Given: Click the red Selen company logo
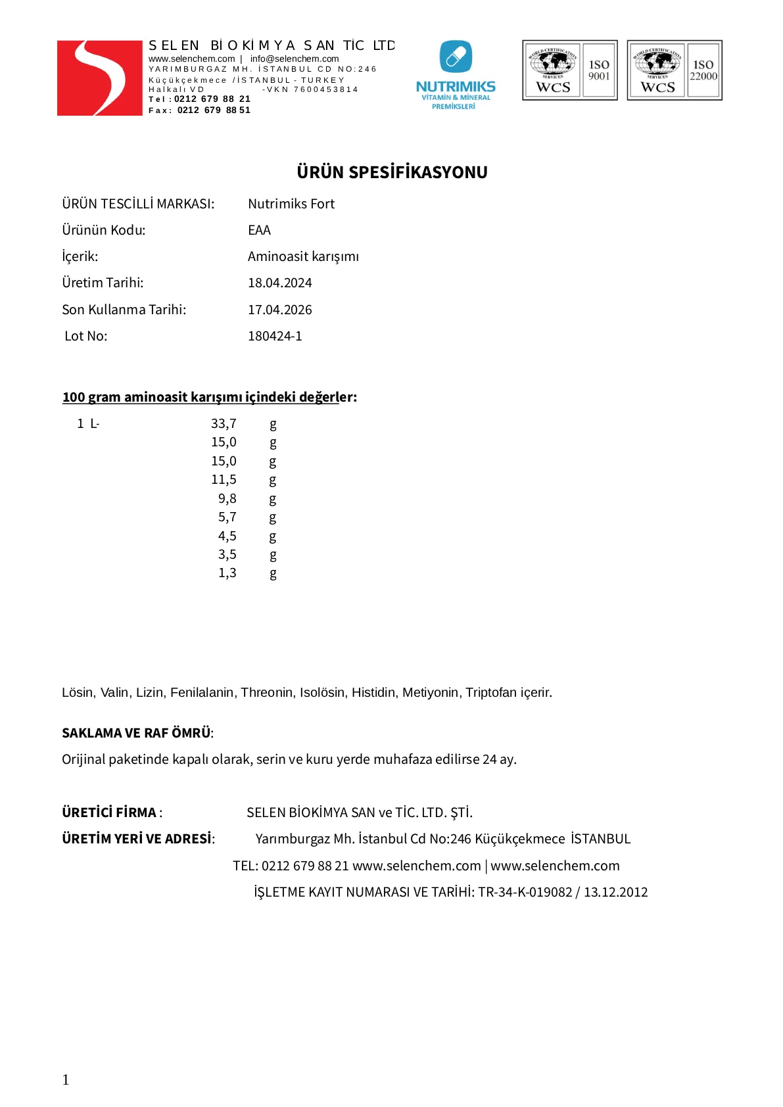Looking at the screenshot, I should click(x=99, y=78).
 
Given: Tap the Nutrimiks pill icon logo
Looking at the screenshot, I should click(x=456, y=57).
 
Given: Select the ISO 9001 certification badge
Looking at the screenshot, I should click(x=570, y=70).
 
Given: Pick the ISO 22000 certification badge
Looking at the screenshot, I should click(x=675, y=70).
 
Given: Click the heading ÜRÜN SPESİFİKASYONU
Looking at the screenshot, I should click(x=392, y=172).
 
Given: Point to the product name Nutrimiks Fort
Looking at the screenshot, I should click(x=291, y=204).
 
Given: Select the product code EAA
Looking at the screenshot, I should click(x=259, y=231).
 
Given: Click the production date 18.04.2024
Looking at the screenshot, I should click(x=279, y=283).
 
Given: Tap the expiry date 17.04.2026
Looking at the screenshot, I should click(x=279, y=310).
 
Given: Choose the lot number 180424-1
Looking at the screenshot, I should click(x=275, y=337).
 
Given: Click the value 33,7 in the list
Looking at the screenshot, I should click(x=224, y=424).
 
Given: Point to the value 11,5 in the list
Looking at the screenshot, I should click(x=224, y=480).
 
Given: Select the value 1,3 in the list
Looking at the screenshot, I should click(x=227, y=573).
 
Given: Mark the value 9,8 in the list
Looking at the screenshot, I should click(x=227, y=499).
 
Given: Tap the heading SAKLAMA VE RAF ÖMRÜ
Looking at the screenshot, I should click(x=137, y=733).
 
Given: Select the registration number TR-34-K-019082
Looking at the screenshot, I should click(x=525, y=892).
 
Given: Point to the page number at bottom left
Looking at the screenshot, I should click(x=66, y=1079).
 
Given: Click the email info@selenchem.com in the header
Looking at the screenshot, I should click(x=295, y=59).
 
